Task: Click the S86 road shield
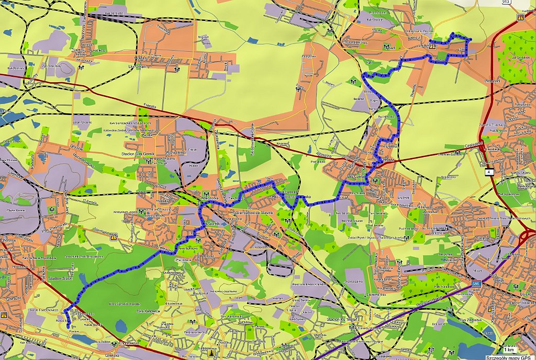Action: click(x=476, y=284)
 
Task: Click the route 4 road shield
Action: click(x=488, y=172)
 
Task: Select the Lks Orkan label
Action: click(x=137, y=67)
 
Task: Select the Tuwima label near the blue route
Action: click(x=390, y=147)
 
